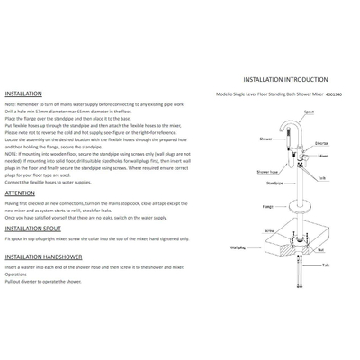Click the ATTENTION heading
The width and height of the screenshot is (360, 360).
click(20, 193)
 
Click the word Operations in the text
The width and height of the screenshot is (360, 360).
click(15, 274)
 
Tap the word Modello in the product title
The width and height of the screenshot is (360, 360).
click(226, 94)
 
